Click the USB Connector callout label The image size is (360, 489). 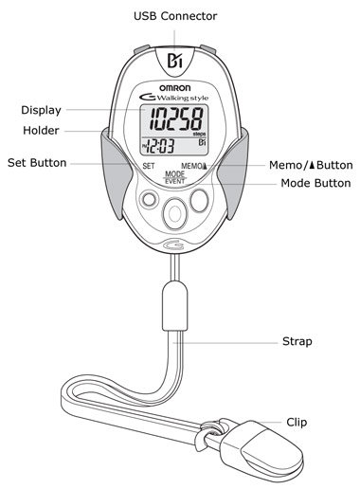click(x=175, y=16)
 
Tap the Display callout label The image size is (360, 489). click(x=41, y=110)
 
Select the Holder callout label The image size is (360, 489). click(x=41, y=131)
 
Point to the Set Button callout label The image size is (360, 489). click(x=37, y=163)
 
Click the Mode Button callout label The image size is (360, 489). click(x=315, y=183)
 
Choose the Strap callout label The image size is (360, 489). click(x=297, y=341)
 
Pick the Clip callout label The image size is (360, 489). click(x=297, y=423)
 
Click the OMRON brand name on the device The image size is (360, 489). click(x=175, y=88)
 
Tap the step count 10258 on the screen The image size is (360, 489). click(x=176, y=119)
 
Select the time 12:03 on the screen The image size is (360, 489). click(x=161, y=147)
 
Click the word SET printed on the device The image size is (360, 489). click(x=149, y=166)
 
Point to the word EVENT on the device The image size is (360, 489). click(x=175, y=181)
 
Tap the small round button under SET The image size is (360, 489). click(x=150, y=199)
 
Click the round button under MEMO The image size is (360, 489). click(x=199, y=201)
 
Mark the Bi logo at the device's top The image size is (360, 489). click(x=174, y=61)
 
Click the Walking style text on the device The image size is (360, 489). click(x=183, y=98)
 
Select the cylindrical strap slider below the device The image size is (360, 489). click(x=175, y=306)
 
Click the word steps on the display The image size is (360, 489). click(x=199, y=135)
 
